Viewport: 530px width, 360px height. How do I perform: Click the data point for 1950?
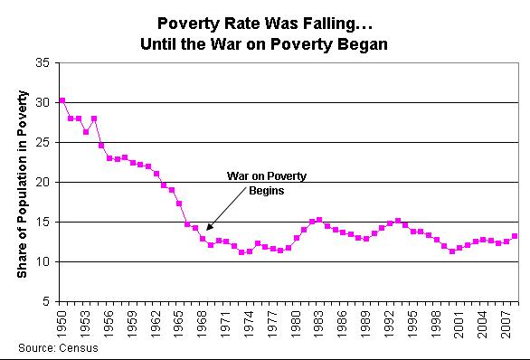[x=62, y=100]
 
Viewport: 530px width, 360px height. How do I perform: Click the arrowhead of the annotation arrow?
[x=208, y=228]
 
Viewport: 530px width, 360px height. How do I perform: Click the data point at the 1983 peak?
[x=319, y=219]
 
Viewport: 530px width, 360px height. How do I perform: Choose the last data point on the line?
[x=515, y=236]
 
